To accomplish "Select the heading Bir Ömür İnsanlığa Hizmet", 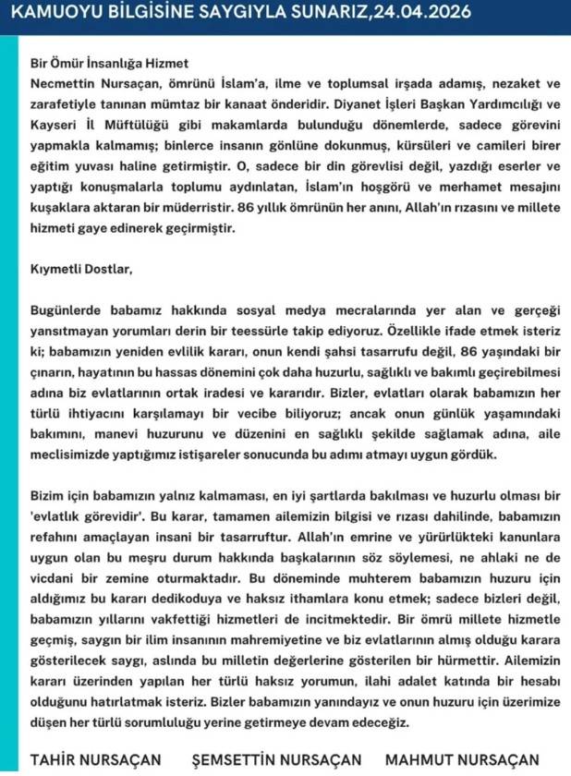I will coord(109,64).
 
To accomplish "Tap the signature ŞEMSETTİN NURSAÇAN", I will coord(276,759).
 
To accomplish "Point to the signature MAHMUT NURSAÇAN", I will coord(462,759).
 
